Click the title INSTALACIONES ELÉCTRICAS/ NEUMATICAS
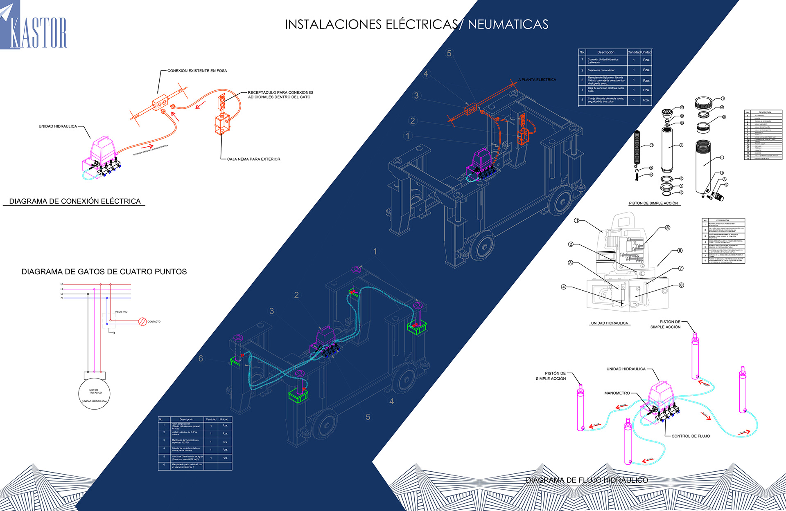[x=416, y=25]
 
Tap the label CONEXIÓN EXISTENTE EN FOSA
[x=197, y=71]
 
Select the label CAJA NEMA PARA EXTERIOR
[x=253, y=159]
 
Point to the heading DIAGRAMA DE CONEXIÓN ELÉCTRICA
[x=75, y=201]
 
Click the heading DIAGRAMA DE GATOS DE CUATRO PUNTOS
[x=104, y=272]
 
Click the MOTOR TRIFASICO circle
[x=94, y=394]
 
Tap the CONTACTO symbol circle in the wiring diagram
[x=142, y=322]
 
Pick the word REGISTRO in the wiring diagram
[x=121, y=312]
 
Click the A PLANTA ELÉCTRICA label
[x=537, y=80]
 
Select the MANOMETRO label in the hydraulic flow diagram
[x=617, y=393]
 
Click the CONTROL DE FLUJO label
[x=691, y=436]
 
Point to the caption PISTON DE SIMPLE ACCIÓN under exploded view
[x=653, y=203]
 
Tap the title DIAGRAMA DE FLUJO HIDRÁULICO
[x=587, y=480]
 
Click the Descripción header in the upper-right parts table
[x=605, y=52]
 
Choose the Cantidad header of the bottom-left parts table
[x=211, y=419]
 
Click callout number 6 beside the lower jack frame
[x=201, y=359]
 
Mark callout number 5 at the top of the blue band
[x=449, y=54]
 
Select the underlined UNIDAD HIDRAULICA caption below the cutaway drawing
[x=609, y=323]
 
